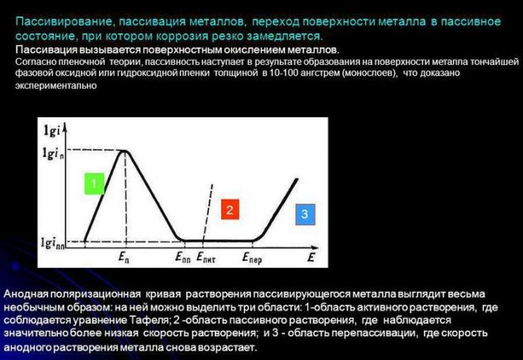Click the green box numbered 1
[94, 183]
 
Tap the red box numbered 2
[230, 209]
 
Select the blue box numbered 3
[305, 214]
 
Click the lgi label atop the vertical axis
[52, 131]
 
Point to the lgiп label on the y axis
[53, 154]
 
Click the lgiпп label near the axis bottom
[53, 243]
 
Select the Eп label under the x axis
[124, 257]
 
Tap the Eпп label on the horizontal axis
[183, 257]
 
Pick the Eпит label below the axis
[206, 257]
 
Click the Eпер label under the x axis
[252, 258]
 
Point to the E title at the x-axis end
[311, 257]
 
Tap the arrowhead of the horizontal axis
[316, 247]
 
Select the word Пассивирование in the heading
[63, 22]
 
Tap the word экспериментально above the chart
[56, 86]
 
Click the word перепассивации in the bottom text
[373, 333]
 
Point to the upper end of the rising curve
[297, 179]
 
